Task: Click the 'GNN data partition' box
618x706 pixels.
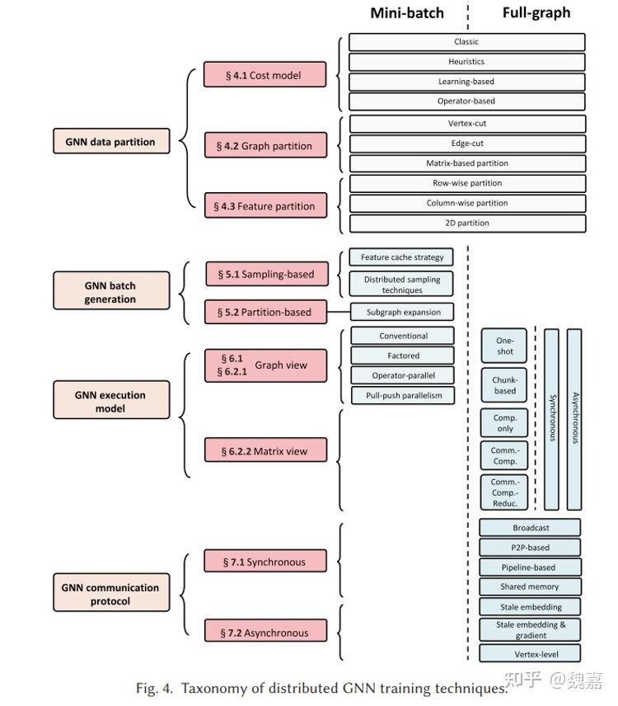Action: point(110,142)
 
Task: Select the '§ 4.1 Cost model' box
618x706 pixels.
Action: point(265,75)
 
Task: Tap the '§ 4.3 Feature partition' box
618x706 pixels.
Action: point(265,206)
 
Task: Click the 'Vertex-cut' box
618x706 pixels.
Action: point(466,124)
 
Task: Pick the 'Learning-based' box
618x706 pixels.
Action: point(466,82)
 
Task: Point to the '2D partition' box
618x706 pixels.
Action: point(466,223)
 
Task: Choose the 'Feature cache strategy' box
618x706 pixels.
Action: point(401,257)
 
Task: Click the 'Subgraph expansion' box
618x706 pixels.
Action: point(402,313)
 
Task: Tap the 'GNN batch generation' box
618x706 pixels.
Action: point(110,292)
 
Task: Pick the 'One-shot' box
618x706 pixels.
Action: point(504,346)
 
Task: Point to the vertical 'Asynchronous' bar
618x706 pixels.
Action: point(574,419)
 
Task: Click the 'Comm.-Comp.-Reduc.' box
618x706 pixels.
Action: point(504,492)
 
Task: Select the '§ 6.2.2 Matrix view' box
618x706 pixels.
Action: point(266,450)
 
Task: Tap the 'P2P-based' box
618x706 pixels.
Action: point(530,547)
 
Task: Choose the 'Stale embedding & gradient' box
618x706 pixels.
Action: point(530,630)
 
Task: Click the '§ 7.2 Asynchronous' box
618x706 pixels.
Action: point(265,633)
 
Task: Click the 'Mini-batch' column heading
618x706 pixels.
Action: point(406,12)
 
